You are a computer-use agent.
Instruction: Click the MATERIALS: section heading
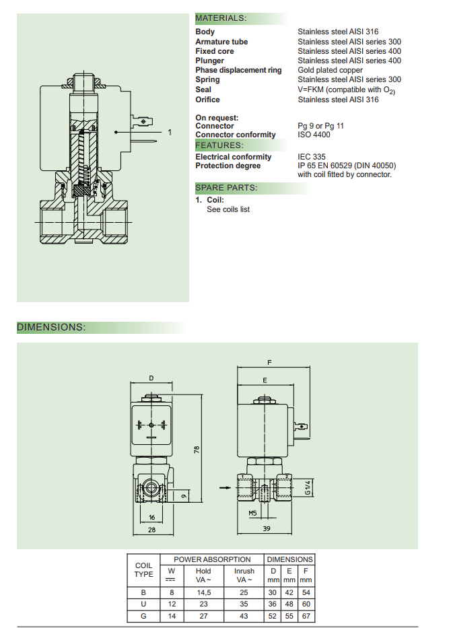[x=221, y=18]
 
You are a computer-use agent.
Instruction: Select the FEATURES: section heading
[x=219, y=145]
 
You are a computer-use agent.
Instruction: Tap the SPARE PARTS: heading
[x=226, y=188]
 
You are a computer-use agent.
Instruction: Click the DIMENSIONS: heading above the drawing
[x=51, y=328]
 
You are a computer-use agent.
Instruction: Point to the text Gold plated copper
[x=330, y=70]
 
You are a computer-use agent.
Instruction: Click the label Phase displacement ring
[x=238, y=70]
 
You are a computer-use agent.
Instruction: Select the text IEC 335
[x=312, y=157]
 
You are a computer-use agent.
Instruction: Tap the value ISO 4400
[x=314, y=135]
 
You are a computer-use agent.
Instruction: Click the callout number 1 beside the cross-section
[x=170, y=133]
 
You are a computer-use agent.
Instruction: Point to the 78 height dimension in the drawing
[x=197, y=449]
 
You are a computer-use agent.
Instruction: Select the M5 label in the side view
[x=253, y=513]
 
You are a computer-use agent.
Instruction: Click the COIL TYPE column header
[x=144, y=570]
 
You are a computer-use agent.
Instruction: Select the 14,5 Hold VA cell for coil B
[x=203, y=592]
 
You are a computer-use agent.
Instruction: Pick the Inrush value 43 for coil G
[x=244, y=616]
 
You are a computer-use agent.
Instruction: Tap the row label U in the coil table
[x=143, y=604]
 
